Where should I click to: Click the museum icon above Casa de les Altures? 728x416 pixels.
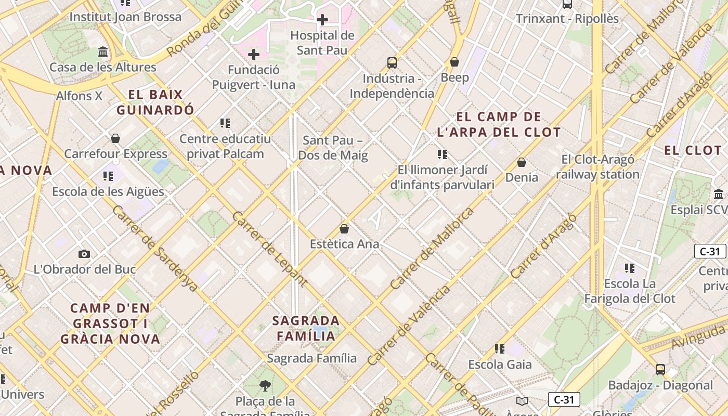tap(103, 52)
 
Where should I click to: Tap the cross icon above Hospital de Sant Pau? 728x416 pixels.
tap(322, 20)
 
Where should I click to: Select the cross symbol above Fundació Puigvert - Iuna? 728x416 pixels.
tap(254, 55)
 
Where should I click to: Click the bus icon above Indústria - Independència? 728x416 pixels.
tap(392, 63)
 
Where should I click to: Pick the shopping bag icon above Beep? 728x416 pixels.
tap(454, 62)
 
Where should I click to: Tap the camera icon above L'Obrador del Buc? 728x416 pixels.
tap(84, 254)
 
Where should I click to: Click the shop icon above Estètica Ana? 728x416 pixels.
tap(344, 228)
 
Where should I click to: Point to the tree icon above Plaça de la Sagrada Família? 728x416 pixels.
tap(265, 385)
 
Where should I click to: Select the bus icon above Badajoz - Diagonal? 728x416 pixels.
tap(660, 370)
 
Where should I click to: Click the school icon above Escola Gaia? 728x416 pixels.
tap(500, 348)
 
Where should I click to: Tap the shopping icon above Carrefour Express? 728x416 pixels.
tap(115, 138)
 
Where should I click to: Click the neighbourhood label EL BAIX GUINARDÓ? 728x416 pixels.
tap(155, 102)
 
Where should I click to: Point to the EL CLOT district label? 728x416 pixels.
tap(693, 150)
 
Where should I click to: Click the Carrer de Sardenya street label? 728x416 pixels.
tap(154, 248)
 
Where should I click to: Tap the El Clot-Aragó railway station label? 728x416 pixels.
tap(597, 167)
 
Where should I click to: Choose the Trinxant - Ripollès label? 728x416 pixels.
tap(567, 19)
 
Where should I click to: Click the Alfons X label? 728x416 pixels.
tap(79, 96)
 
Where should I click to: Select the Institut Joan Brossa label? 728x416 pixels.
tap(125, 17)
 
